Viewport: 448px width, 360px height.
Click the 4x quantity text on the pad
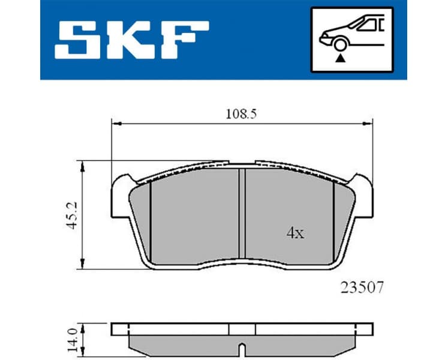point(294,233)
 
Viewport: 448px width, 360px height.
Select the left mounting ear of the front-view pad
point(122,184)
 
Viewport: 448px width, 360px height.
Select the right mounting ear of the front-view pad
point(362,184)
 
